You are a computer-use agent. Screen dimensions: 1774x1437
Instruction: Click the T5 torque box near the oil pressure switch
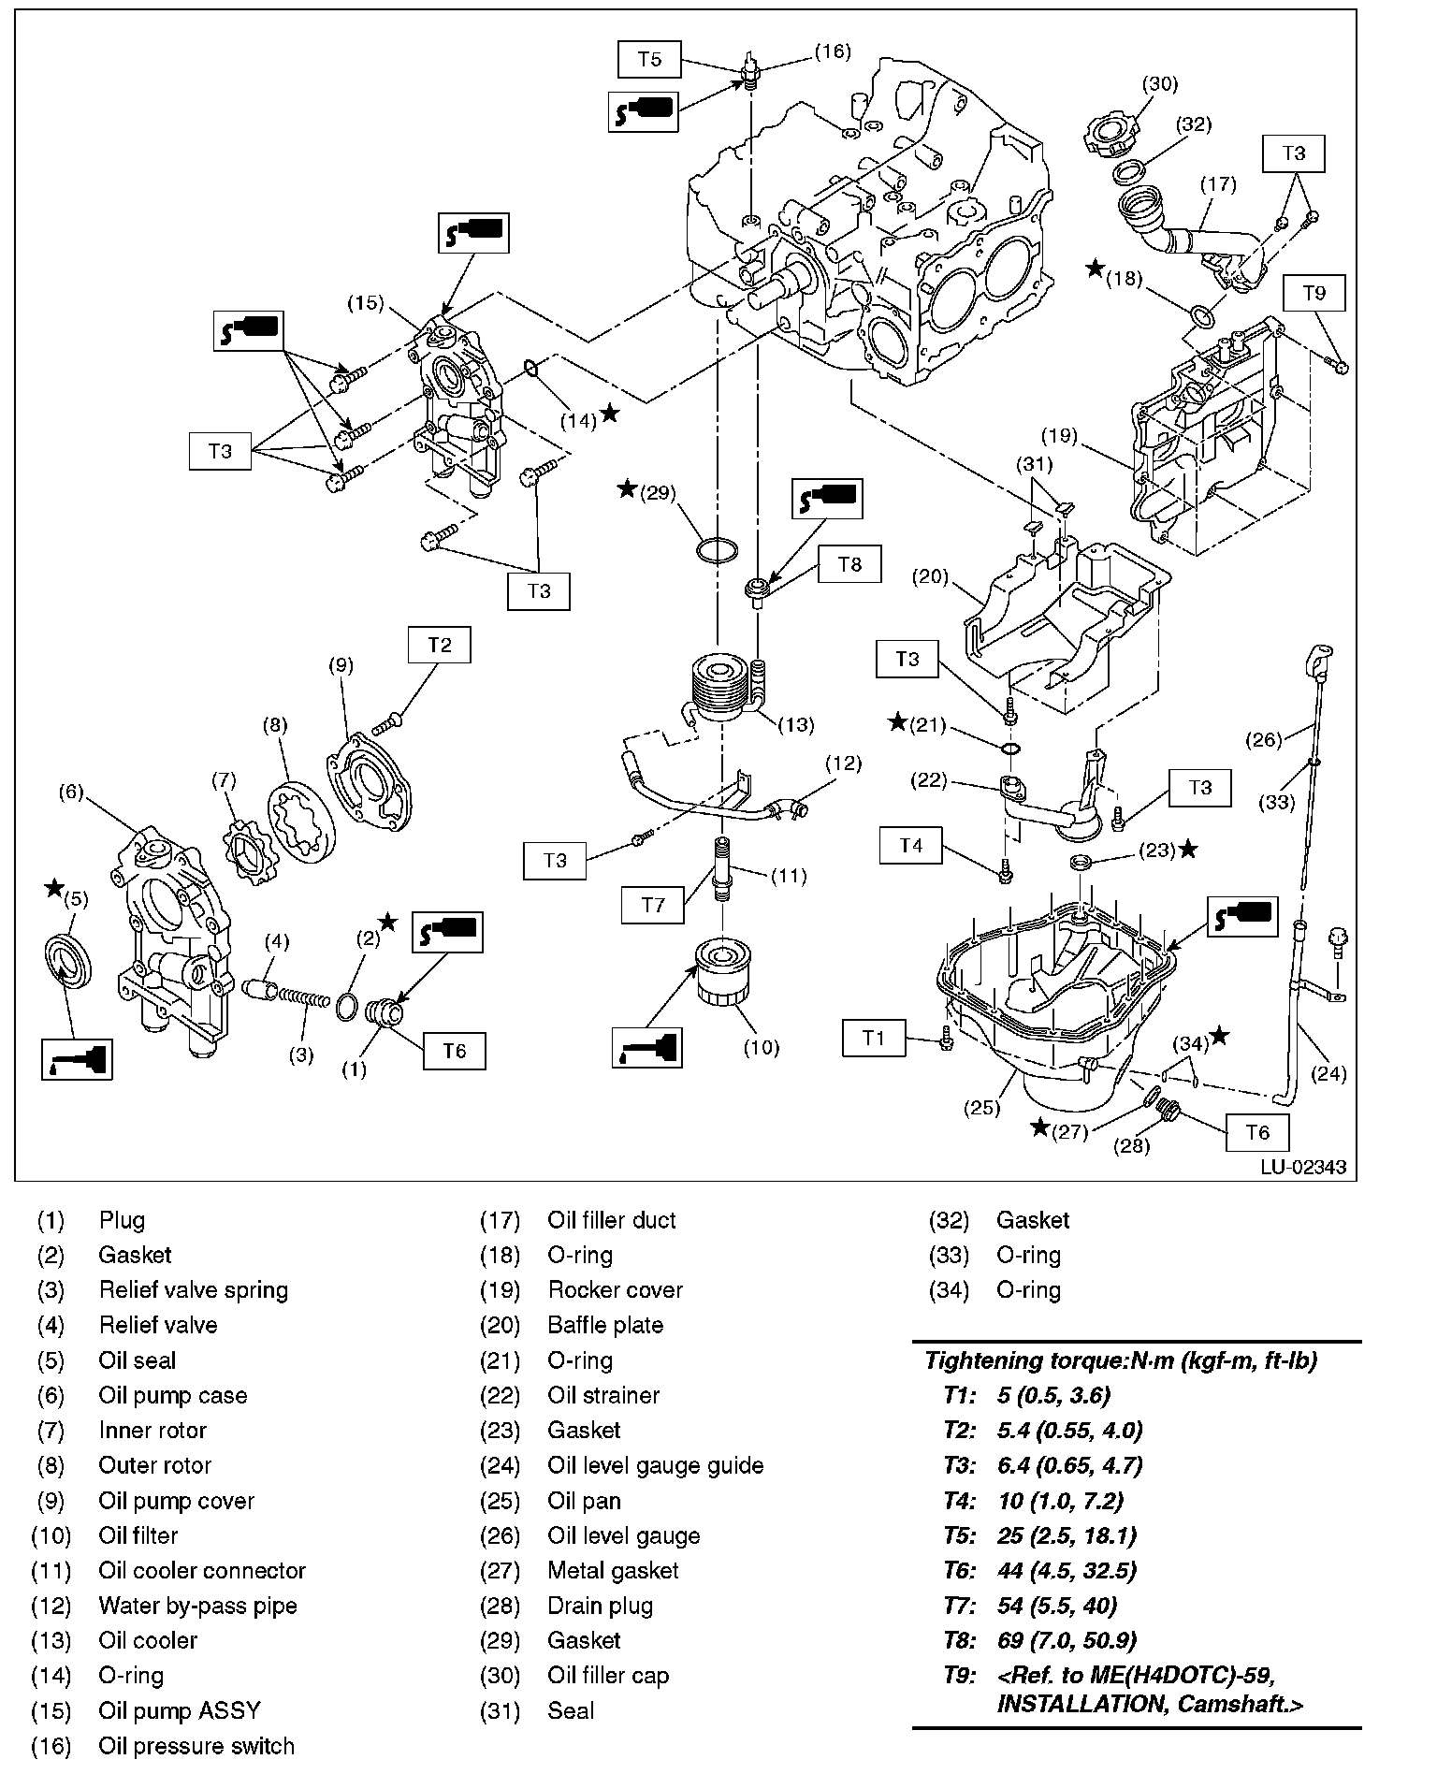649,60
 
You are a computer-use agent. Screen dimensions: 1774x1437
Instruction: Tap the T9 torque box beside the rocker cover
1314,293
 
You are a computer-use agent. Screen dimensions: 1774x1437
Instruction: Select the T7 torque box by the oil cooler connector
652,905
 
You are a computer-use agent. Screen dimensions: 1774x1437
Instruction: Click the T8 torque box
849,564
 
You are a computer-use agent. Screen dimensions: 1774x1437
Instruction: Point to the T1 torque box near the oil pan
873,1038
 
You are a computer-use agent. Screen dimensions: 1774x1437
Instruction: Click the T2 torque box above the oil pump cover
440,645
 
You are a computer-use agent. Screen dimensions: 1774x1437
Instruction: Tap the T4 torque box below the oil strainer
910,846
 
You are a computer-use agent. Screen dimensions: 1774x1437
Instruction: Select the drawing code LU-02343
1302,1167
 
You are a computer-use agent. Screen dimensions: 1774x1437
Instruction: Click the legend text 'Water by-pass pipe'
197,1606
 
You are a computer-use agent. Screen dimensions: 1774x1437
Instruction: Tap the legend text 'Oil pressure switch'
196,1746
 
